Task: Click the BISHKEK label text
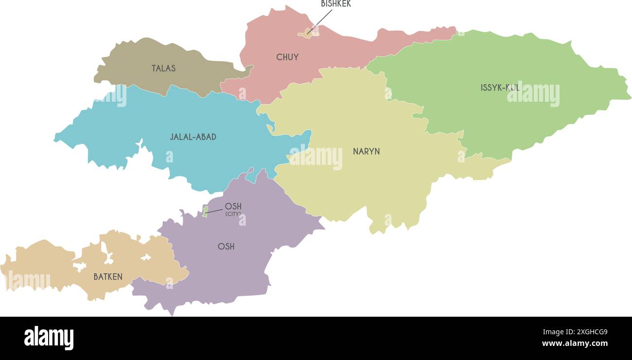point(335,4)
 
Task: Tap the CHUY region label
point(287,57)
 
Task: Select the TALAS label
point(163,68)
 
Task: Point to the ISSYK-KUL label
point(500,88)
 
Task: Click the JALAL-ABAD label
point(193,137)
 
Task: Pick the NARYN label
point(366,151)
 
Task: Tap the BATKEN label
point(108,277)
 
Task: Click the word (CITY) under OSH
point(233,214)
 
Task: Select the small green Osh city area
point(205,211)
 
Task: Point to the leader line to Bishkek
point(321,20)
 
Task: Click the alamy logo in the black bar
point(49,338)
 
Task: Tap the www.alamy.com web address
point(575,343)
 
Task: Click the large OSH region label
point(226,246)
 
